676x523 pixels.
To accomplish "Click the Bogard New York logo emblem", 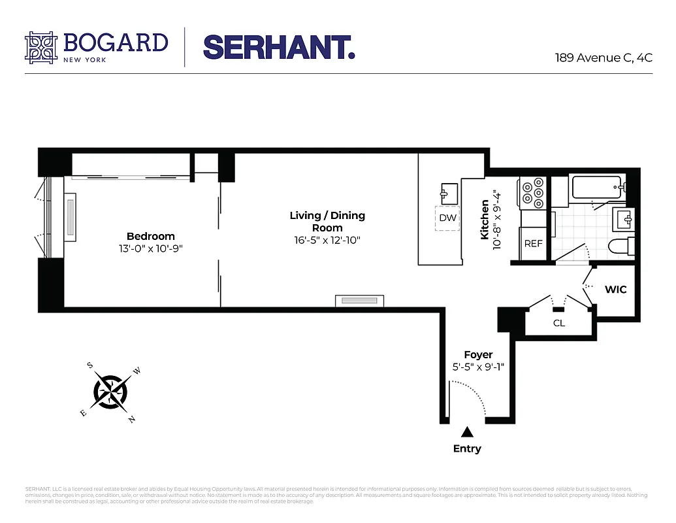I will [41, 47].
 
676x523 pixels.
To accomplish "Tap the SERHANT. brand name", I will [279, 47].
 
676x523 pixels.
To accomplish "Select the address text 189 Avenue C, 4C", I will [603, 58].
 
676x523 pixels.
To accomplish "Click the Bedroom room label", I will [151, 236].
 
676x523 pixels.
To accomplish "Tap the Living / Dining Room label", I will [327, 222].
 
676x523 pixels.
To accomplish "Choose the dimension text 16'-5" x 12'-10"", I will [327, 240].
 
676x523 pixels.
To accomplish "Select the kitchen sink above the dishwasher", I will [447, 194].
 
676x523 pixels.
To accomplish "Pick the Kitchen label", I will [485, 220].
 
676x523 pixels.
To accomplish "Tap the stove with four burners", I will [532, 194].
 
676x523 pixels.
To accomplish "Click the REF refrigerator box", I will [533, 243].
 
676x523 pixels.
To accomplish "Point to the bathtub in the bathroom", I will [596, 188].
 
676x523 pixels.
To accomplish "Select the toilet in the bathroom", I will [619, 246].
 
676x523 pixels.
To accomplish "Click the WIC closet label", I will [615, 289].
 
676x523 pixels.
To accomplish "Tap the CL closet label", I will [559, 323].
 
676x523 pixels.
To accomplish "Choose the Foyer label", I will [478, 355].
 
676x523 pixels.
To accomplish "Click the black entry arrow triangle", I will [467, 431].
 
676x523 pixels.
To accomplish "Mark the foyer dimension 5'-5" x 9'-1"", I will [478, 367].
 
